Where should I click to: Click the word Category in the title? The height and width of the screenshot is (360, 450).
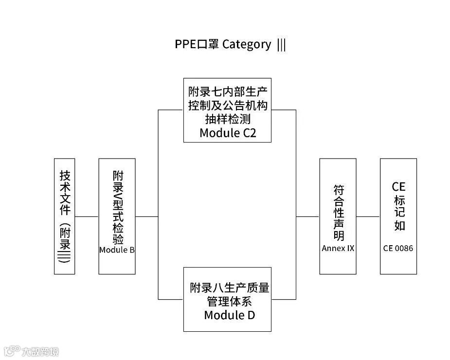(x=247, y=44)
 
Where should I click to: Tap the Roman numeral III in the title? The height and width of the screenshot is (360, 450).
(x=281, y=45)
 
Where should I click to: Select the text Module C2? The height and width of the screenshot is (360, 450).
(x=227, y=133)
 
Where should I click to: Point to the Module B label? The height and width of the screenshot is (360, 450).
(x=117, y=250)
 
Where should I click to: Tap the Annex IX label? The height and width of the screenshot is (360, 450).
(x=338, y=248)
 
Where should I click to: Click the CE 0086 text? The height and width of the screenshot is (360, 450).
(x=398, y=248)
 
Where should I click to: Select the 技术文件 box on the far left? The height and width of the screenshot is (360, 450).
(x=65, y=216)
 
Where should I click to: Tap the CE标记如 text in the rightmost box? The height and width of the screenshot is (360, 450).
(x=398, y=206)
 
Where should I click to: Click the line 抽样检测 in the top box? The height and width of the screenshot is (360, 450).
(x=227, y=119)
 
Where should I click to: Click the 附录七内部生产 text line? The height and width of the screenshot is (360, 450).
(x=228, y=91)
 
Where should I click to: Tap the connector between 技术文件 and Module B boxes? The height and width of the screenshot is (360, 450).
(x=87, y=216)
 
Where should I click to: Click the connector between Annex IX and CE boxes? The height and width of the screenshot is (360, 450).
(x=368, y=216)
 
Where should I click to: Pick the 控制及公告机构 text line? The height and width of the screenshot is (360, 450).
(x=228, y=105)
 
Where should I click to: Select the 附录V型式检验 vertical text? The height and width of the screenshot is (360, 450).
(x=117, y=207)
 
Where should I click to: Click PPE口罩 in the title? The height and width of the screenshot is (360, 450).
(x=197, y=44)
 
